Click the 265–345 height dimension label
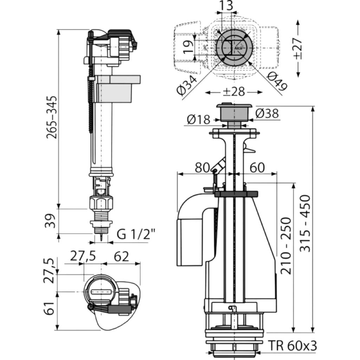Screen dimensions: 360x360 (x=51, y=117)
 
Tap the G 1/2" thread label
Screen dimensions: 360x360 (x=136, y=234)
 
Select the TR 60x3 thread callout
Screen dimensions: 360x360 (x=292, y=346)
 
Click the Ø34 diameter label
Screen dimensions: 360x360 (x=187, y=85)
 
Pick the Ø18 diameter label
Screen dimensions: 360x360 (x=199, y=120)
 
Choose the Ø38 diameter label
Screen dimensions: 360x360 (x=267, y=114)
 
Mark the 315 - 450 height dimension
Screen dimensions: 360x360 (x=306, y=224)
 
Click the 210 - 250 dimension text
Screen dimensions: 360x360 (x=286, y=246)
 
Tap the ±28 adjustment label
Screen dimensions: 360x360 (x=234, y=92)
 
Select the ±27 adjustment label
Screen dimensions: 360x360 (x=298, y=49)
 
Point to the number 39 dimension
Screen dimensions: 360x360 (x=50, y=221)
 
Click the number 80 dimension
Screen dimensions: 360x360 (x=202, y=168)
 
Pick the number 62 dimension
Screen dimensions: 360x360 (x=121, y=257)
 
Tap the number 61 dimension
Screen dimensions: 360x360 (x=50, y=308)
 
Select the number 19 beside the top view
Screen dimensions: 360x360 (x=188, y=47)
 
